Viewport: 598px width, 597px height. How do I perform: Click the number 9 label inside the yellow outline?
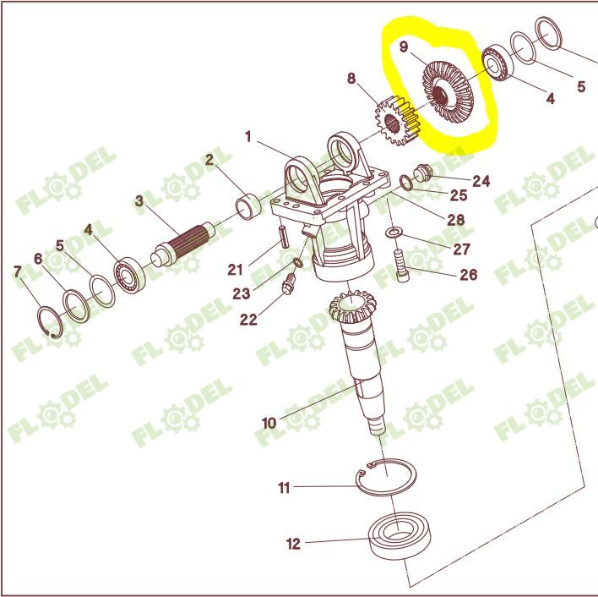[x=405, y=47]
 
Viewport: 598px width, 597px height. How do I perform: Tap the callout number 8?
[x=352, y=79]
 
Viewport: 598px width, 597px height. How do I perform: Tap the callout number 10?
[x=269, y=422]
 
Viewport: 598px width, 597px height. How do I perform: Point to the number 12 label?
[x=293, y=544]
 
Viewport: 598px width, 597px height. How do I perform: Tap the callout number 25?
[x=458, y=196]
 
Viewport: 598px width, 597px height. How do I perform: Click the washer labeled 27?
[x=394, y=232]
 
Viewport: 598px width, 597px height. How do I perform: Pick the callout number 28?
[x=456, y=220]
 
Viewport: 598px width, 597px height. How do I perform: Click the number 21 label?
[x=236, y=270]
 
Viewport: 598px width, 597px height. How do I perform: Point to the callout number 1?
[x=248, y=136]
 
